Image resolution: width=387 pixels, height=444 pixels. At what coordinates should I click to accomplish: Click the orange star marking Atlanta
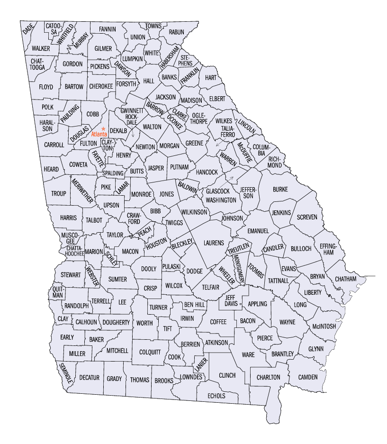click(x=103, y=128)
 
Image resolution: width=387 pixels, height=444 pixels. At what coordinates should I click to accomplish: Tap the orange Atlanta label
click(x=99, y=134)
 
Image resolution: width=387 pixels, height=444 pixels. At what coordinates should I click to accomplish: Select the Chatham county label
click(x=345, y=279)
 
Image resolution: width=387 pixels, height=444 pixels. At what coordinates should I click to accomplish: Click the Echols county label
click(x=216, y=396)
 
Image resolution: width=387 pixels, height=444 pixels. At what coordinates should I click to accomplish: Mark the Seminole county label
click(x=65, y=373)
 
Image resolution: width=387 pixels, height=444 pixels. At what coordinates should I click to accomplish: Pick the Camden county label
click(x=308, y=377)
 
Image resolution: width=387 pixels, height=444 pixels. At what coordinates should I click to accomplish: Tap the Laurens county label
click(x=214, y=243)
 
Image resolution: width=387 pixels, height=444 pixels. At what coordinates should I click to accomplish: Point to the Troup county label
click(x=59, y=194)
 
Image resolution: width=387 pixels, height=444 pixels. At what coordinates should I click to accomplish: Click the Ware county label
click(x=248, y=354)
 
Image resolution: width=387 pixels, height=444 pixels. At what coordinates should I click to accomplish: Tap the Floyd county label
click(x=46, y=87)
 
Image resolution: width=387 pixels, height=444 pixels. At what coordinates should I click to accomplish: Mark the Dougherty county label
click(x=116, y=322)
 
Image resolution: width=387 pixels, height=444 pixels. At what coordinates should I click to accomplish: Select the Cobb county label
click(x=92, y=114)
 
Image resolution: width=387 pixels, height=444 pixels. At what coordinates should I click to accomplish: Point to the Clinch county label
click(x=227, y=375)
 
